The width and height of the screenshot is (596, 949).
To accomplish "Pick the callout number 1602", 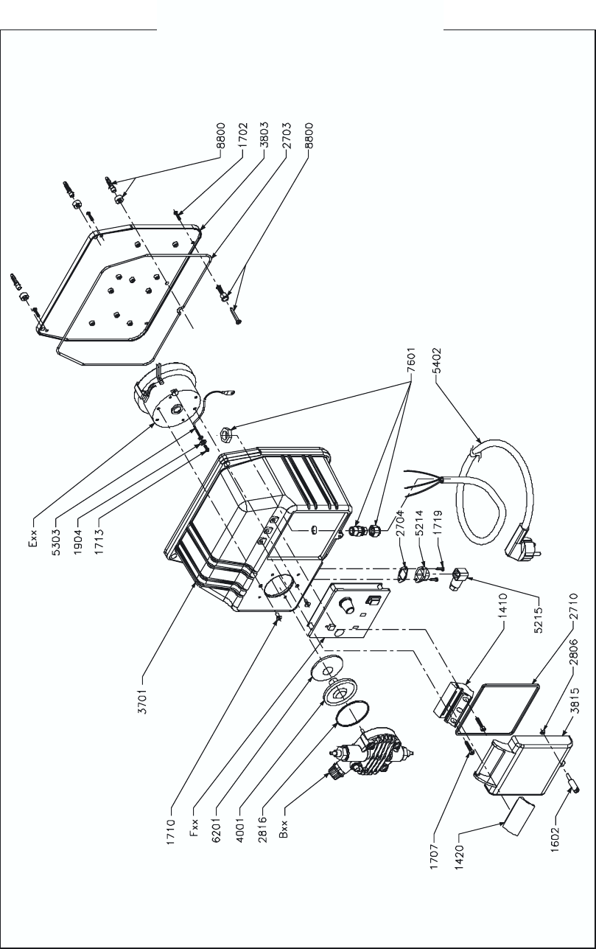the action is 555,839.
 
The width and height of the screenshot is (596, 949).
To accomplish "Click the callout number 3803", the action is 264,134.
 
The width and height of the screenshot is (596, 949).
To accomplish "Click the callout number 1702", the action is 242,135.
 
